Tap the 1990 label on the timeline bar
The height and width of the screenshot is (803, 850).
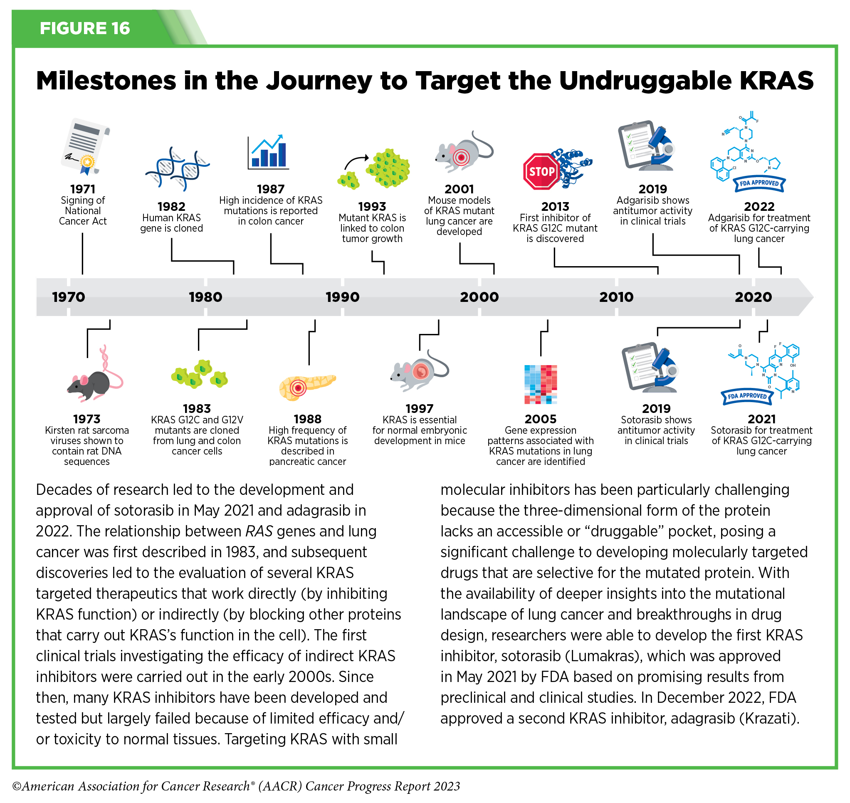point(342,296)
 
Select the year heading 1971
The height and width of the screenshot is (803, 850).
point(83,189)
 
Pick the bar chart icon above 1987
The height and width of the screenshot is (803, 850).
point(268,152)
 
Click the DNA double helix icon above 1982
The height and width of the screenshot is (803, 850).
point(177,169)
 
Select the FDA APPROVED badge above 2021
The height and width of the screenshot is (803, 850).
point(747,396)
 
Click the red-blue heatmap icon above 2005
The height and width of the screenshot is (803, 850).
point(540,384)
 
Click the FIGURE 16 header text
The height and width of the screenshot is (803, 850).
point(85,28)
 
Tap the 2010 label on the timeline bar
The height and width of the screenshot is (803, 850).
point(616,296)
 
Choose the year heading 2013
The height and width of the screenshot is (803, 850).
point(555,206)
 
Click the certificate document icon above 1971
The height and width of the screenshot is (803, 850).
point(85,146)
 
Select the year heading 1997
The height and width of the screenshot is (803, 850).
point(419,408)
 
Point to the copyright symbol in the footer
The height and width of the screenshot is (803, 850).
point(17,786)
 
